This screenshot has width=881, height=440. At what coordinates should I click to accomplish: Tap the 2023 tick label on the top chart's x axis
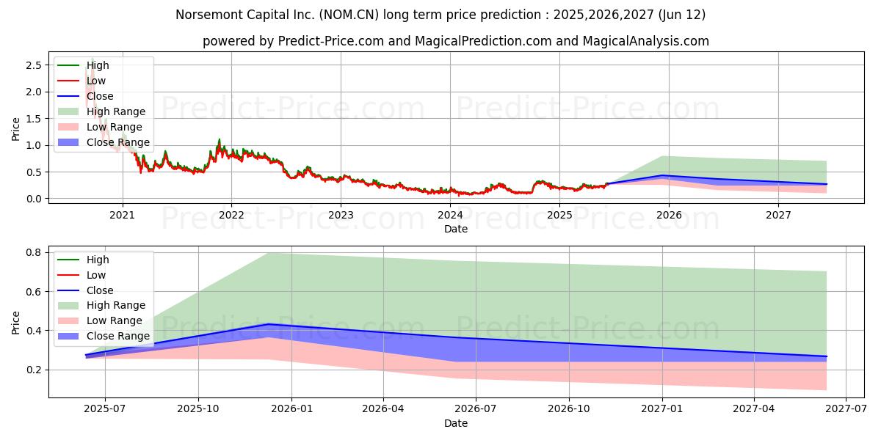pos(341,215)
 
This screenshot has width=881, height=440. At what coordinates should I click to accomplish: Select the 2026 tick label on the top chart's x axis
pos(669,215)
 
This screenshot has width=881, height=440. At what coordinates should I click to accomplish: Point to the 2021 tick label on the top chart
pos(122,215)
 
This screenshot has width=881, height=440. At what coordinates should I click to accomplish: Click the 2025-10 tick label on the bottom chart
pos(198,408)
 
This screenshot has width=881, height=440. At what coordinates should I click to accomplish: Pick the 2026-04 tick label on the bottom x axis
pos(383,408)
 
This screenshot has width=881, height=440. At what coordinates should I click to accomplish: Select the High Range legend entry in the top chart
pos(116,111)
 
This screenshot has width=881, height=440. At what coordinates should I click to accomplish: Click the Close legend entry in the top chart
pos(100,96)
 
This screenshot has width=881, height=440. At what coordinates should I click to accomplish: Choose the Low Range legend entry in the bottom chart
pos(115,320)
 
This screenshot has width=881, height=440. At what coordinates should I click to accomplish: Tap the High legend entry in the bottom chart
pos(98,260)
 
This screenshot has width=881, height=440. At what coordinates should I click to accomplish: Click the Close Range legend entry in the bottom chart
pos(118,336)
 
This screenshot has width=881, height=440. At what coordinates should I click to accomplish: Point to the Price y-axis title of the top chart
pos(16,129)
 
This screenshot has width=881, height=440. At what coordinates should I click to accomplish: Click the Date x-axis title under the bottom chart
pos(456,423)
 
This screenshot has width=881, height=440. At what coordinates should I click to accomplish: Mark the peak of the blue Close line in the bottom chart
pos(269,324)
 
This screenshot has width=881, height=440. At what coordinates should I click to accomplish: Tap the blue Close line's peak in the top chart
pos(664,175)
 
